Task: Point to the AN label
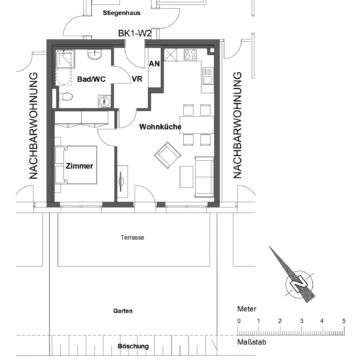(154, 64)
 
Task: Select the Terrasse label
(132, 237)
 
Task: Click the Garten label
(123, 310)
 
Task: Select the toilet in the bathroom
(67, 96)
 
